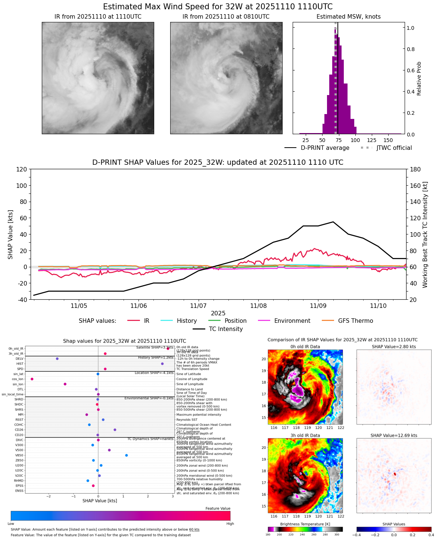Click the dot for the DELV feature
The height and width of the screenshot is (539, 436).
[57, 359]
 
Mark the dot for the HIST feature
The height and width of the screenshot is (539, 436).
[162, 364]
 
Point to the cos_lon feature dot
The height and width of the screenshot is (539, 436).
[32, 379]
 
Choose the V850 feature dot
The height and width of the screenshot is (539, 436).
[127, 455]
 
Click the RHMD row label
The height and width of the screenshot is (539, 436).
[19, 480]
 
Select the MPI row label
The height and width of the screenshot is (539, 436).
[21, 415]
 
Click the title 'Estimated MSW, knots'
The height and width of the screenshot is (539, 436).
[349, 17]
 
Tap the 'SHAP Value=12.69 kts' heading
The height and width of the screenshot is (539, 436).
[394, 435]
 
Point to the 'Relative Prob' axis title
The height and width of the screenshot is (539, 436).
[419, 79]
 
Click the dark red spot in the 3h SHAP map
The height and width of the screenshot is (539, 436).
[395, 474]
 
